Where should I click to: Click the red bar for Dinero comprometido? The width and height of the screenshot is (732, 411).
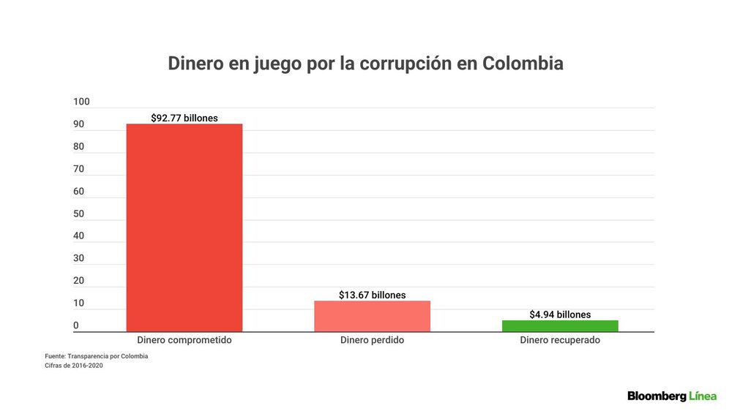[184, 227]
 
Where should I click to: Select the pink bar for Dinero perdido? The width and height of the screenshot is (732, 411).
[372, 317]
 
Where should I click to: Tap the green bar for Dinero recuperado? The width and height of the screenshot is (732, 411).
[560, 326]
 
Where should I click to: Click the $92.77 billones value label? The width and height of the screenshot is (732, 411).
[184, 118]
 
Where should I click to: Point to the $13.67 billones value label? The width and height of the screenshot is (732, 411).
[372, 295]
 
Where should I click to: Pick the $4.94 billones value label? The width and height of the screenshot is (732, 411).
[560, 314]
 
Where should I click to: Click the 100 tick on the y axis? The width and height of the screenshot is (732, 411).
[81, 102]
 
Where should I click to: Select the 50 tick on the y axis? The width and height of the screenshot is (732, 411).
[79, 214]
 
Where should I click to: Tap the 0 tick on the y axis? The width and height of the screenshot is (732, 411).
[76, 325]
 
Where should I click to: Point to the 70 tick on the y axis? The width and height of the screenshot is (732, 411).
[79, 169]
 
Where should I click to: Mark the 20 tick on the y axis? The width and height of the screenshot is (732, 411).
[79, 280]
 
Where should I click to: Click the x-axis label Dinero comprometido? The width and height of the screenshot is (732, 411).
[184, 340]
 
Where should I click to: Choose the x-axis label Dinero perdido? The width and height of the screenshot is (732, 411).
[372, 340]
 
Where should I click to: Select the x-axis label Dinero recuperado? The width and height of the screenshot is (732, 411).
[560, 340]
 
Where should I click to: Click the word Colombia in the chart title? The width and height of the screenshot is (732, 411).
[523, 64]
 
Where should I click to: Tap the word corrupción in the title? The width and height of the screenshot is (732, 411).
[406, 64]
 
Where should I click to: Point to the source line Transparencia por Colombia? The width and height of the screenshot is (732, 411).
[108, 356]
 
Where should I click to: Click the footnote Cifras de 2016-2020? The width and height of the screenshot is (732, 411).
[74, 365]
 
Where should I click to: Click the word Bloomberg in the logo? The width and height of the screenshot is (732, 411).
[657, 396]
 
